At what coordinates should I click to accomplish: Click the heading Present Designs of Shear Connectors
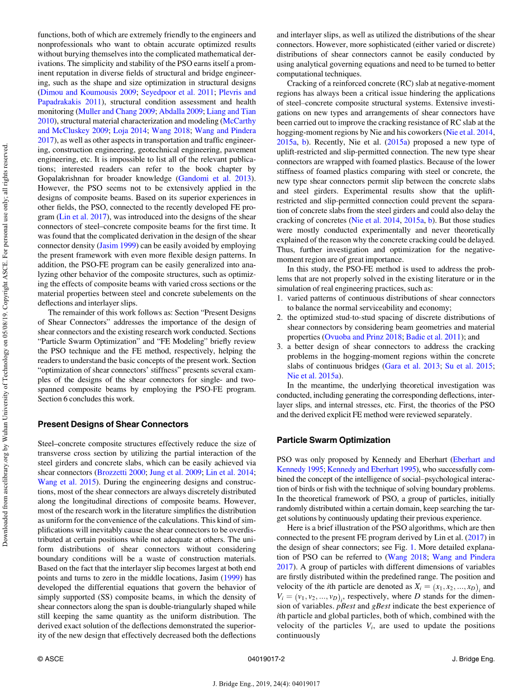tap(113, 424)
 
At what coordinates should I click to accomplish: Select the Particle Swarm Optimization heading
tap(334, 440)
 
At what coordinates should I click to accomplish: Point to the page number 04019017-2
tap(266, 659)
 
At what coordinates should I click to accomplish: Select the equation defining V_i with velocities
tap(308, 596)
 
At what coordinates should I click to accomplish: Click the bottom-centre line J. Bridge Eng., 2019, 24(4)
tap(266, 683)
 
